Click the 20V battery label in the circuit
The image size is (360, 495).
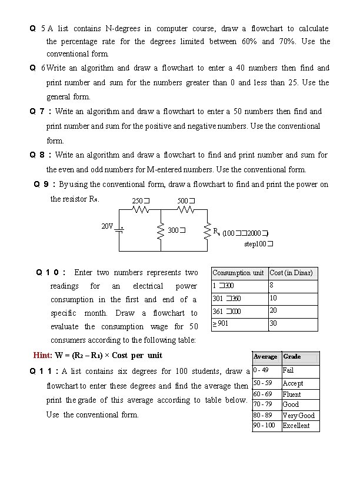(x=106, y=226)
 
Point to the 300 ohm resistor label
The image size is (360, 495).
(x=176, y=230)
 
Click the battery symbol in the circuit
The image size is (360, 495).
(x=119, y=230)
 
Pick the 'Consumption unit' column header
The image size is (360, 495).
(x=238, y=273)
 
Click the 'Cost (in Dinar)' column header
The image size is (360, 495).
(x=291, y=273)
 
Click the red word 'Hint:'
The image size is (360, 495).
(x=43, y=355)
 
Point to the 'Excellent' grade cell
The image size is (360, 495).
(x=300, y=426)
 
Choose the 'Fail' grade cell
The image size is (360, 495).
(x=300, y=371)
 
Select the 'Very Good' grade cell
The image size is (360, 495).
(x=300, y=415)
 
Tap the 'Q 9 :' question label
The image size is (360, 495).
(x=45, y=185)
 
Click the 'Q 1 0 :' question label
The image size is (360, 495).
(x=51, y=273)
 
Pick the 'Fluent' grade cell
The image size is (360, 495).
(x=300, y=394)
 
